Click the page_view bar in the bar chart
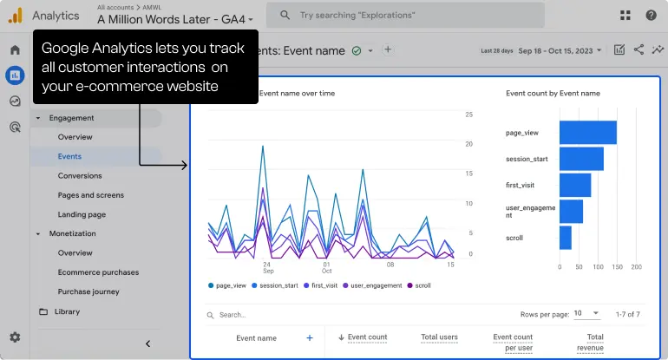(587, 133)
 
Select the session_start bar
(581, 159)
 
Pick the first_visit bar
(574, 185)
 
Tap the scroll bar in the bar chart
(565, 238)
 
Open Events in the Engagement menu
(69, 156)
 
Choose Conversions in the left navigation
(80, 176)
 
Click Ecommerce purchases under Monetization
(98, 272)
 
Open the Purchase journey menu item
(88, 291)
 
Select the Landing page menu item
(82, 214)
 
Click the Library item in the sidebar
(67, 311)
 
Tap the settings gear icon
(15, 337)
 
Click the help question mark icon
(651, 15)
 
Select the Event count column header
(366, 337)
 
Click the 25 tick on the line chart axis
(468, 115)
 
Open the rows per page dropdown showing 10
(584, 314)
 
